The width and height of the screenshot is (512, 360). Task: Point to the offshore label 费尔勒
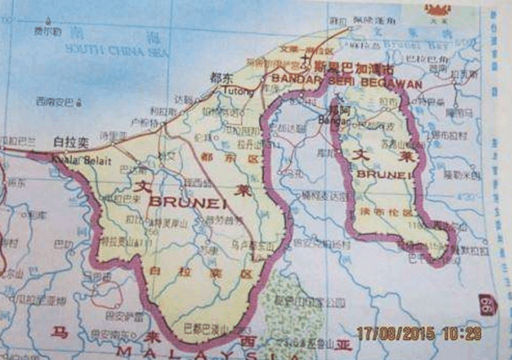48,31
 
